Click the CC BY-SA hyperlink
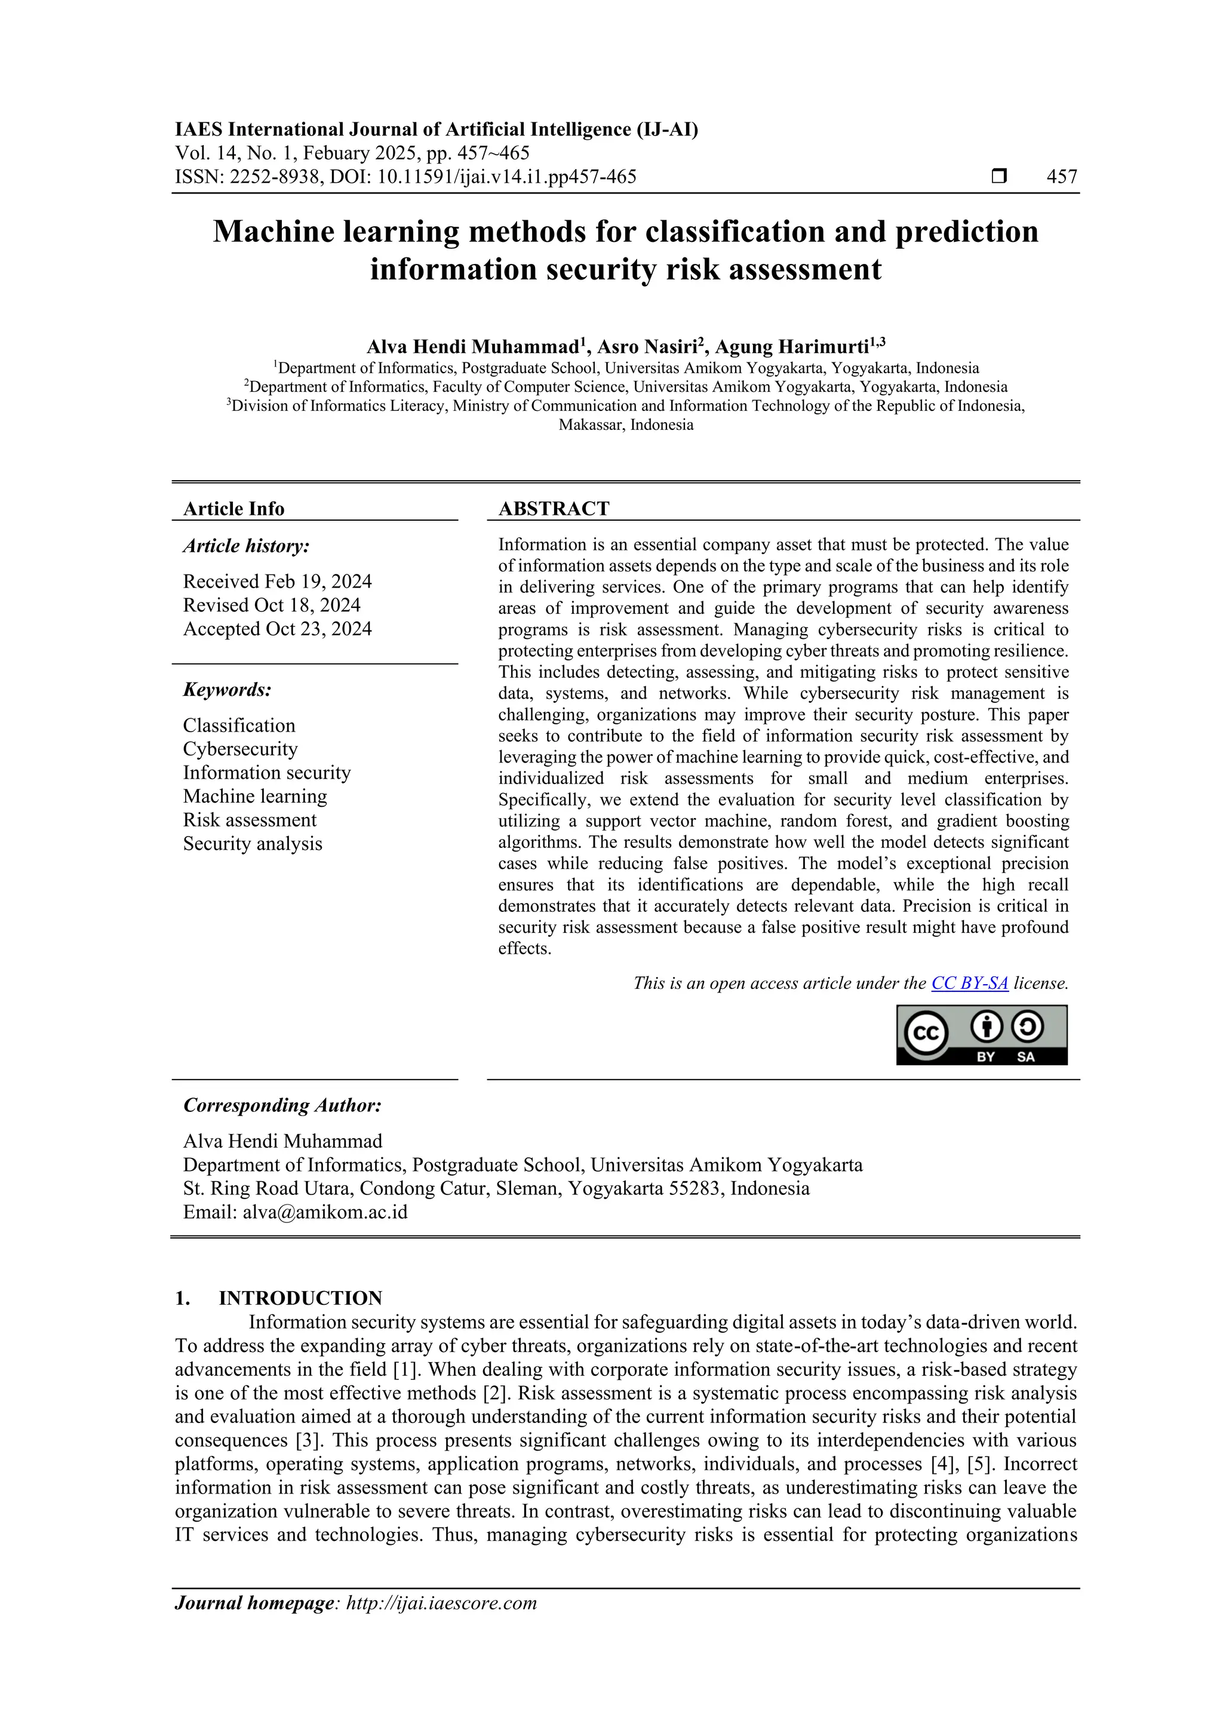coord(969,984)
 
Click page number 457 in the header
coord(1062,177)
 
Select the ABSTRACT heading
coord(554,509)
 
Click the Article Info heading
coord(233,509)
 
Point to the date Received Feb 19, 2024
coord(277,582)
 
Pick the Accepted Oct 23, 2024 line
coord(277,629)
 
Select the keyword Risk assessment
coord(250,820)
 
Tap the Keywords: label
coord(227,690)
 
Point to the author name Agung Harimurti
coord(792,348)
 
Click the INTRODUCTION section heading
coord(300,1298)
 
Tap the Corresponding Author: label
coord(282,1105)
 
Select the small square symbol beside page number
coord(999,177)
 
